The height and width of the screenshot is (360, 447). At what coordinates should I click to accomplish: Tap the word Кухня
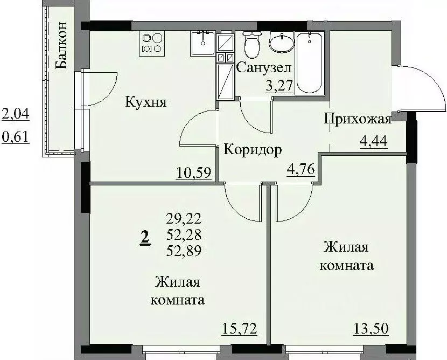point(146,102)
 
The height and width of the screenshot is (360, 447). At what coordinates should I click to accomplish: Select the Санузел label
point(264,68)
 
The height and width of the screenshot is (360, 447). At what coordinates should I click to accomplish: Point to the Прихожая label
point(356,119)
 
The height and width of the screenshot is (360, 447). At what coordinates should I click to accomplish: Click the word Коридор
point(253,150)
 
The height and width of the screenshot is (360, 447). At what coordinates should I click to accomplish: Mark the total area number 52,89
point(185,250)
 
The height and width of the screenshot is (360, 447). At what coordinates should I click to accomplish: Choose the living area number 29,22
point(185,218)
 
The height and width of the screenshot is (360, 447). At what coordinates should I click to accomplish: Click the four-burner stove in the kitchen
point(152,43)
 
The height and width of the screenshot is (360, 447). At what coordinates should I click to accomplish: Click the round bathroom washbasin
point(280,43)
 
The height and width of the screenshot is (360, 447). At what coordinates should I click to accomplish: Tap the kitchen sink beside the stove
point(202,43)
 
